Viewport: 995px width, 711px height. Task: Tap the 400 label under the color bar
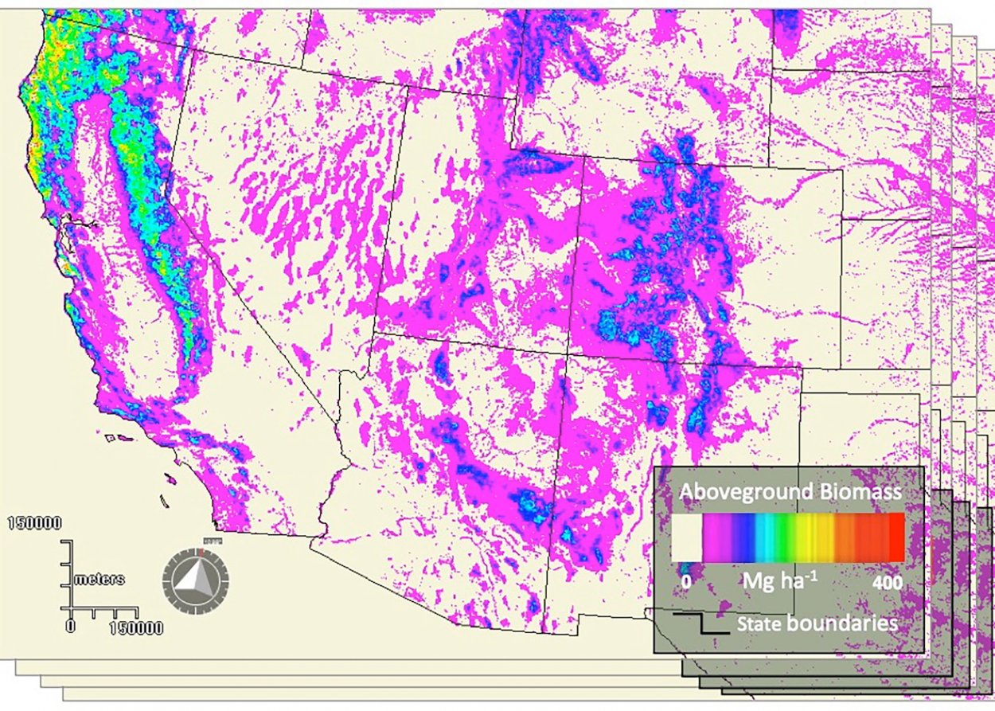coord(888,583)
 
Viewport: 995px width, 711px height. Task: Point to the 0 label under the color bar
coord(685,583)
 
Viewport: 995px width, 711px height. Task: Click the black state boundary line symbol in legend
coord(701,623)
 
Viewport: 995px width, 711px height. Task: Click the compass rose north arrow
coord(195,574)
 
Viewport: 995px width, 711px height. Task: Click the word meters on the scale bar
coord(99,579)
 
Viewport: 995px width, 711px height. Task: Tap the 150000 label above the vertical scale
coord(36,523)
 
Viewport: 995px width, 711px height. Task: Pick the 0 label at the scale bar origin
coord(70,627)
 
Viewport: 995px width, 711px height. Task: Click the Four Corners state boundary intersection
coord(567,354)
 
